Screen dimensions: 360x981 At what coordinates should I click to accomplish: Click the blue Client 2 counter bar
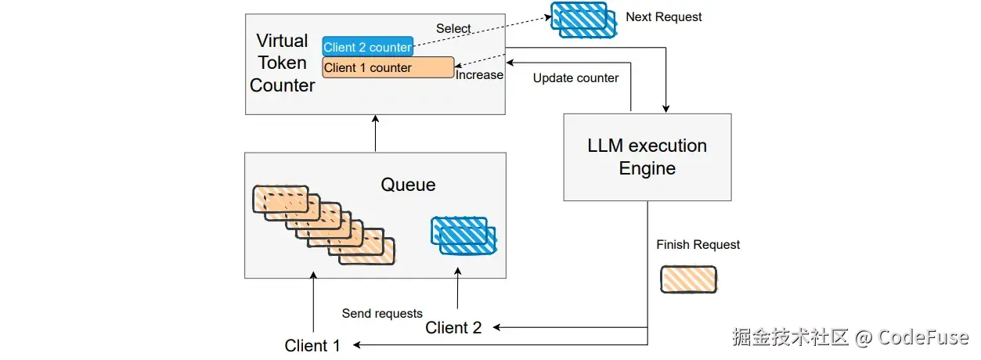367,47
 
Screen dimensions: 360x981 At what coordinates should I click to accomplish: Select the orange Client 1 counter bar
388,67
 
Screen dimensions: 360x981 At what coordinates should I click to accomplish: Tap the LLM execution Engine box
647,157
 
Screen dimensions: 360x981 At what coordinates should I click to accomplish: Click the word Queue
408,185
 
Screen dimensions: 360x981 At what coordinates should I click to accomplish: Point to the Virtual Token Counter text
282,63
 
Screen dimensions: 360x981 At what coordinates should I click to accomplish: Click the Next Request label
663,16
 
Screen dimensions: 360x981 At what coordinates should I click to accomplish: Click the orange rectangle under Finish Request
688,279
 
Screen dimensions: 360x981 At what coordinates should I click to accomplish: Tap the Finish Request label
698,245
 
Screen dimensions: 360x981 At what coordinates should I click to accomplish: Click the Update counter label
575,78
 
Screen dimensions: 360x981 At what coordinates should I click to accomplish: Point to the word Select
453,28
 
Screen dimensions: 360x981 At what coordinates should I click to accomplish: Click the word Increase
479,75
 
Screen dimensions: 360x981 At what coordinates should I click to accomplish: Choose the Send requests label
382,314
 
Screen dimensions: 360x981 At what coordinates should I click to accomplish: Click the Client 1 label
312,345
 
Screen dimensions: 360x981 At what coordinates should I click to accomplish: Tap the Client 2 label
453,328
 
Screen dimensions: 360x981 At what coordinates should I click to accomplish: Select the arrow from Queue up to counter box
376,133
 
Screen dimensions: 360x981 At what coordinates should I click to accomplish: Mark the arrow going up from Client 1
313,305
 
